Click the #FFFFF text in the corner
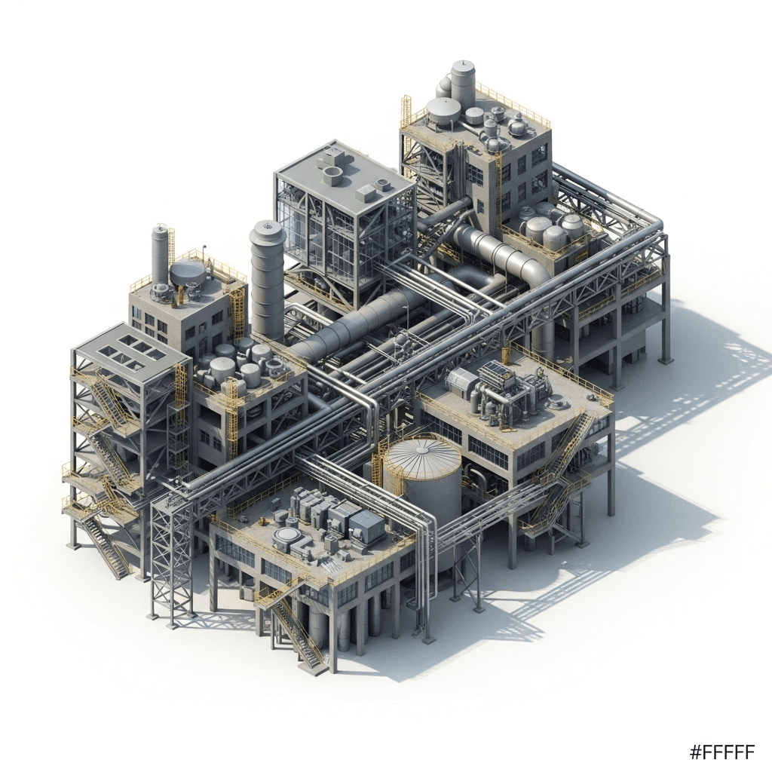(721, 752)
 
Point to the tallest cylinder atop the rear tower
(463, 84)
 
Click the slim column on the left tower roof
(160, 253)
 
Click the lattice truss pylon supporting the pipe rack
(172, 562)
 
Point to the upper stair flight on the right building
(577, 437)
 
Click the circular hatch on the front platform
(287, 537)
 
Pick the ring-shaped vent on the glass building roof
(332, 176)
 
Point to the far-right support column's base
(665, 360)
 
